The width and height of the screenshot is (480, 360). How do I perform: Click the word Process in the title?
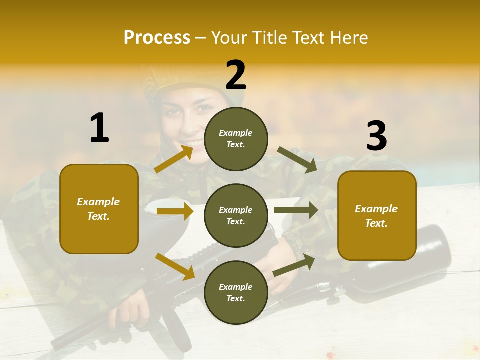pyautogui.click(x=157, y=38)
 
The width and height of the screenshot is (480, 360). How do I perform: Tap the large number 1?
pyautogui.click(x=99, y=128)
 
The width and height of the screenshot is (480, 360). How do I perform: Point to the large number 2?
pyautogui.click(x=236, y=75)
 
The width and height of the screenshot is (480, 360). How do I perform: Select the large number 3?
pyautogui.click(x=376, y=136)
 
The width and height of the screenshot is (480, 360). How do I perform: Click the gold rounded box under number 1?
pyautogui.click(x=99, y=209)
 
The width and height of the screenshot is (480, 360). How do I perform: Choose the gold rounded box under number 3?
pyautogui.click(x=377, y=215)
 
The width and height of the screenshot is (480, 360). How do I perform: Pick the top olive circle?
pyautogui.click(x=236, y=138)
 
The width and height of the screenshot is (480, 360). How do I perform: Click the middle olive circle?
pyautogui.click(x=236, y=215)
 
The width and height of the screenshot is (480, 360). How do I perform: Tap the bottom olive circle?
pyautogui.click(x=236, y=292)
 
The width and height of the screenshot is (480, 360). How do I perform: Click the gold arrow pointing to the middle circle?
pyautogui.click(x=175, y=211)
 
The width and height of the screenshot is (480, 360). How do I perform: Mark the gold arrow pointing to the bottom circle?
pyautogui.click(x=175, y=266)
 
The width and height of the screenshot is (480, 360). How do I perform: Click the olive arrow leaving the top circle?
pyautogui.click(x=297, y=159)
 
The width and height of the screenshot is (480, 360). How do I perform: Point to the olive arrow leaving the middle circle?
pyautogui.click(x=295, y=210)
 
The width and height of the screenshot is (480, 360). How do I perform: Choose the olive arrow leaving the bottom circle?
pyautogui.click(x=294, y=265)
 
